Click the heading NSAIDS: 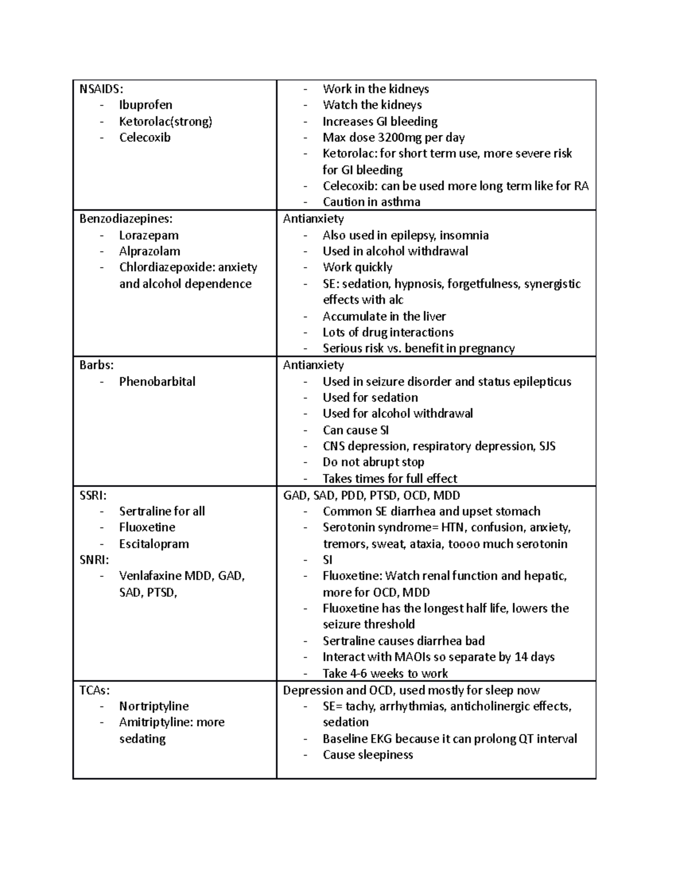pos(101,88)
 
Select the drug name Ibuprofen pos(145,105)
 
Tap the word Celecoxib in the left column pos(145,137)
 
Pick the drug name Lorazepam pos(149,235)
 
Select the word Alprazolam pos(149,251)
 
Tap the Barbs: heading pos(96,365)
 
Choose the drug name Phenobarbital pos(157,381)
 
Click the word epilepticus pos(542,381)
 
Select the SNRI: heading pos(94,559)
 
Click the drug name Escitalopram pos(154,544)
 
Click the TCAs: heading pos(95,690)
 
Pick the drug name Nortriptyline pos(154,706)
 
